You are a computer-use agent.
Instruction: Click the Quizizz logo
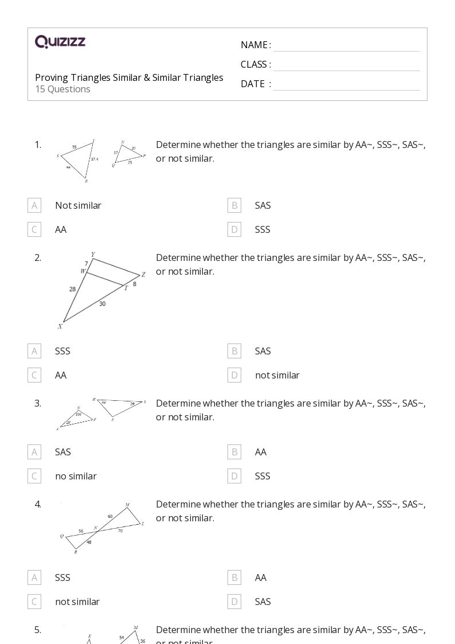[60, 42]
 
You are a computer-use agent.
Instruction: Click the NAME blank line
[346, 46]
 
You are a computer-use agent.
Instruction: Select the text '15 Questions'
[62, 89]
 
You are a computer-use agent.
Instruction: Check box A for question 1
[34, 205]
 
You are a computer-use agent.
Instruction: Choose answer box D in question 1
[234, 229]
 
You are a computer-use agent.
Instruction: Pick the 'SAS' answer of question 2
[262, 351]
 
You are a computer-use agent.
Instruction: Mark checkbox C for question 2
[34, 375]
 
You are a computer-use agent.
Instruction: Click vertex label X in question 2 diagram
[60, 327]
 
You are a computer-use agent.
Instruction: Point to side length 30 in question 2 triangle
[102, 304]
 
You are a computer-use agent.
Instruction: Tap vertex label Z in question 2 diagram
[143, 275]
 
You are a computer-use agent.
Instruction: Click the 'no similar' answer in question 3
[76, 476]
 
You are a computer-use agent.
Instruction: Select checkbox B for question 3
[234, 452]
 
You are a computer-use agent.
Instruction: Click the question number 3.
[38, 403]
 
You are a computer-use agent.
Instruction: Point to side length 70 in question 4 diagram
[120, 531]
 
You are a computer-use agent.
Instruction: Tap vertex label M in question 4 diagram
[127, 505]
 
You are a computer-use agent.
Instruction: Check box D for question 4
[234, 602]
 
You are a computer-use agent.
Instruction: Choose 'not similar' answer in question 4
[77, 602]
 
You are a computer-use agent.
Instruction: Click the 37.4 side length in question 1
[95, 159]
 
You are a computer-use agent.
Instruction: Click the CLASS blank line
[346, 65]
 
